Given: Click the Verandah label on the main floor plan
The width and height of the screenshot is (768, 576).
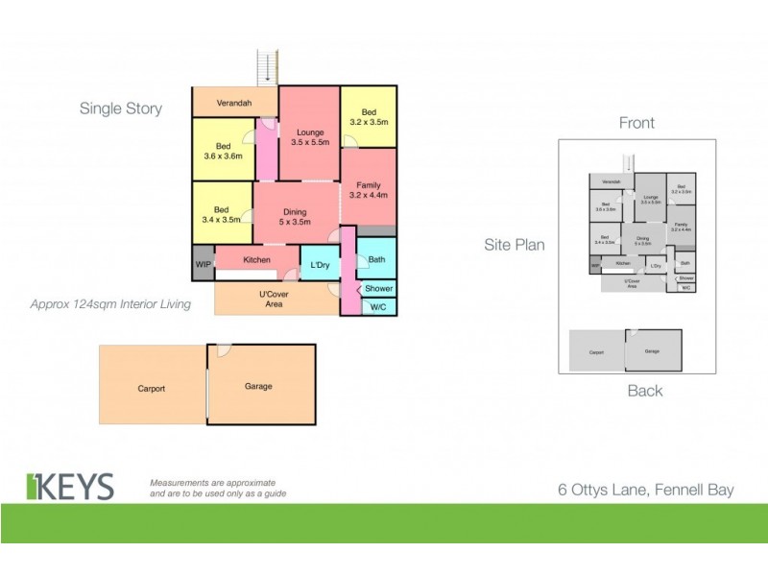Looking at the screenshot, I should click(235, 101).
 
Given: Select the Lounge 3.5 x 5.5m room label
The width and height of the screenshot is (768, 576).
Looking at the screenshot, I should click(309, 137).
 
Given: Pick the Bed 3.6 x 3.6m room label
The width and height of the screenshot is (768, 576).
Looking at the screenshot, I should click(223, 152).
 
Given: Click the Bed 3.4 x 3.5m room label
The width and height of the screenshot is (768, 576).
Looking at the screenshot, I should click(222, 214).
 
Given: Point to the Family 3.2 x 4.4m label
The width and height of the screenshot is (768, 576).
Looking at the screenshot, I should click(368, 190).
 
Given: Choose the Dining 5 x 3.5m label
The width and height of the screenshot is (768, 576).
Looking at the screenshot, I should click(297, 217).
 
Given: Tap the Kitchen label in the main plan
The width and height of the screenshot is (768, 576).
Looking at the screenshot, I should click(256, 260).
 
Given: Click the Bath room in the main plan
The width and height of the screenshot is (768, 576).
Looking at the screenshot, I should click(376, 259).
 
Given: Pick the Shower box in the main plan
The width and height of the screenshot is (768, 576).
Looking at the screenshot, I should click(378, 288).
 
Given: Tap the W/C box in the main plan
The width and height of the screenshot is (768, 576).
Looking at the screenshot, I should click(378, 306).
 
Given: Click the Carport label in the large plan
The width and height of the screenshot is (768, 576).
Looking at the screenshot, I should click(151, 388).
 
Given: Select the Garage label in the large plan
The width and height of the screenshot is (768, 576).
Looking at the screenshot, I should click(258, 386).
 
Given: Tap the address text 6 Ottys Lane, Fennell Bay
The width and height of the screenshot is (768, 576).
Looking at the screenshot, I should click(645, 490).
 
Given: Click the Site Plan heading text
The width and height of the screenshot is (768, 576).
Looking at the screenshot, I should click(514, 245).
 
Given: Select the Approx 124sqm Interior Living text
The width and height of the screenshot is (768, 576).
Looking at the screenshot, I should click(110, 304).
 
